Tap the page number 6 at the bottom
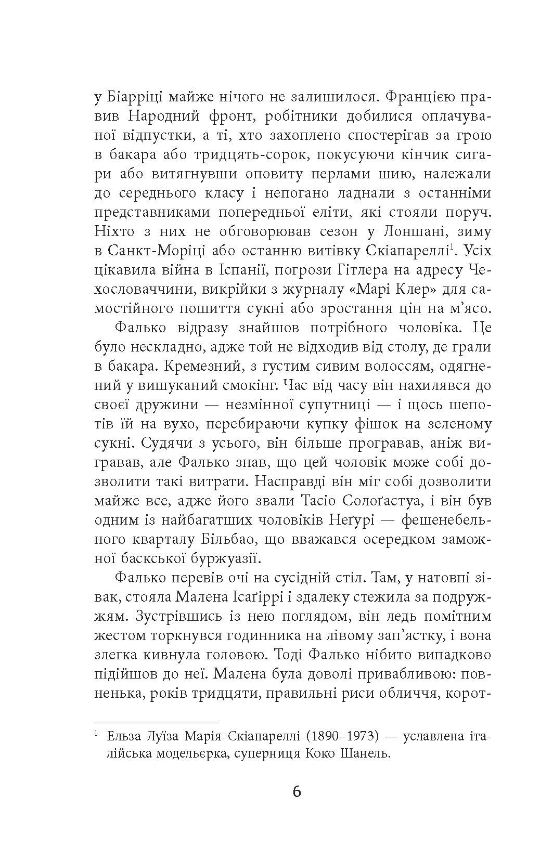[x=297, y=792]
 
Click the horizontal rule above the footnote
[x=156, y=723]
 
